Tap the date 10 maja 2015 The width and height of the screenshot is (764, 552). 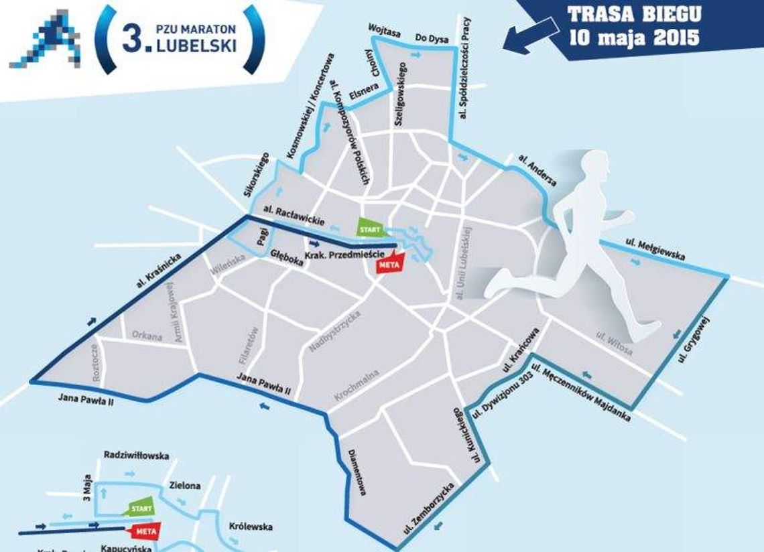[x=633, y=37]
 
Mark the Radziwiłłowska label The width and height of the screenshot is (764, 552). [x=137, y=456]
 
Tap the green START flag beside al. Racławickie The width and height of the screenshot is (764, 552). [x=371, y=228]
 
